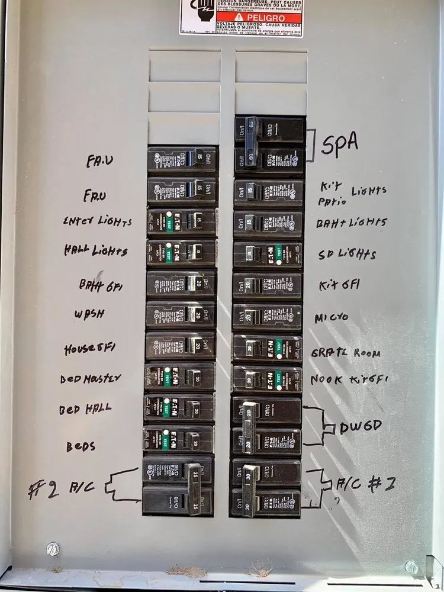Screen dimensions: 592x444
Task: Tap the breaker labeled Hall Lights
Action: [182, 252]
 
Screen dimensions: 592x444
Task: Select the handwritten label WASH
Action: [89, 314]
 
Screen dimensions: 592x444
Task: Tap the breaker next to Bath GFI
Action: [181, 284]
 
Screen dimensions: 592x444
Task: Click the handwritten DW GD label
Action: [361, 426]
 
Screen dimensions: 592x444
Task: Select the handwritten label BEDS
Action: [81, 446]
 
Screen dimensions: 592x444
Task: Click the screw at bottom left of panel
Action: [53, 549]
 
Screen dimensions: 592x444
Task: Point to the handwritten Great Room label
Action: [346, 353]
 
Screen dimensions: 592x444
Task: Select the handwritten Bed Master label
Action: [91, 378]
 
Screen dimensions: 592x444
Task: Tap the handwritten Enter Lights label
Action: [97, 221]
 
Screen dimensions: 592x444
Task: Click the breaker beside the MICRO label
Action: [268, 317]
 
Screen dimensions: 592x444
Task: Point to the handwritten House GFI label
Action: [90, 349]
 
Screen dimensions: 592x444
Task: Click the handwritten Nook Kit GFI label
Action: [349, 379]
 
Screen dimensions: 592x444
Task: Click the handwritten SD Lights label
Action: [348, 255]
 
